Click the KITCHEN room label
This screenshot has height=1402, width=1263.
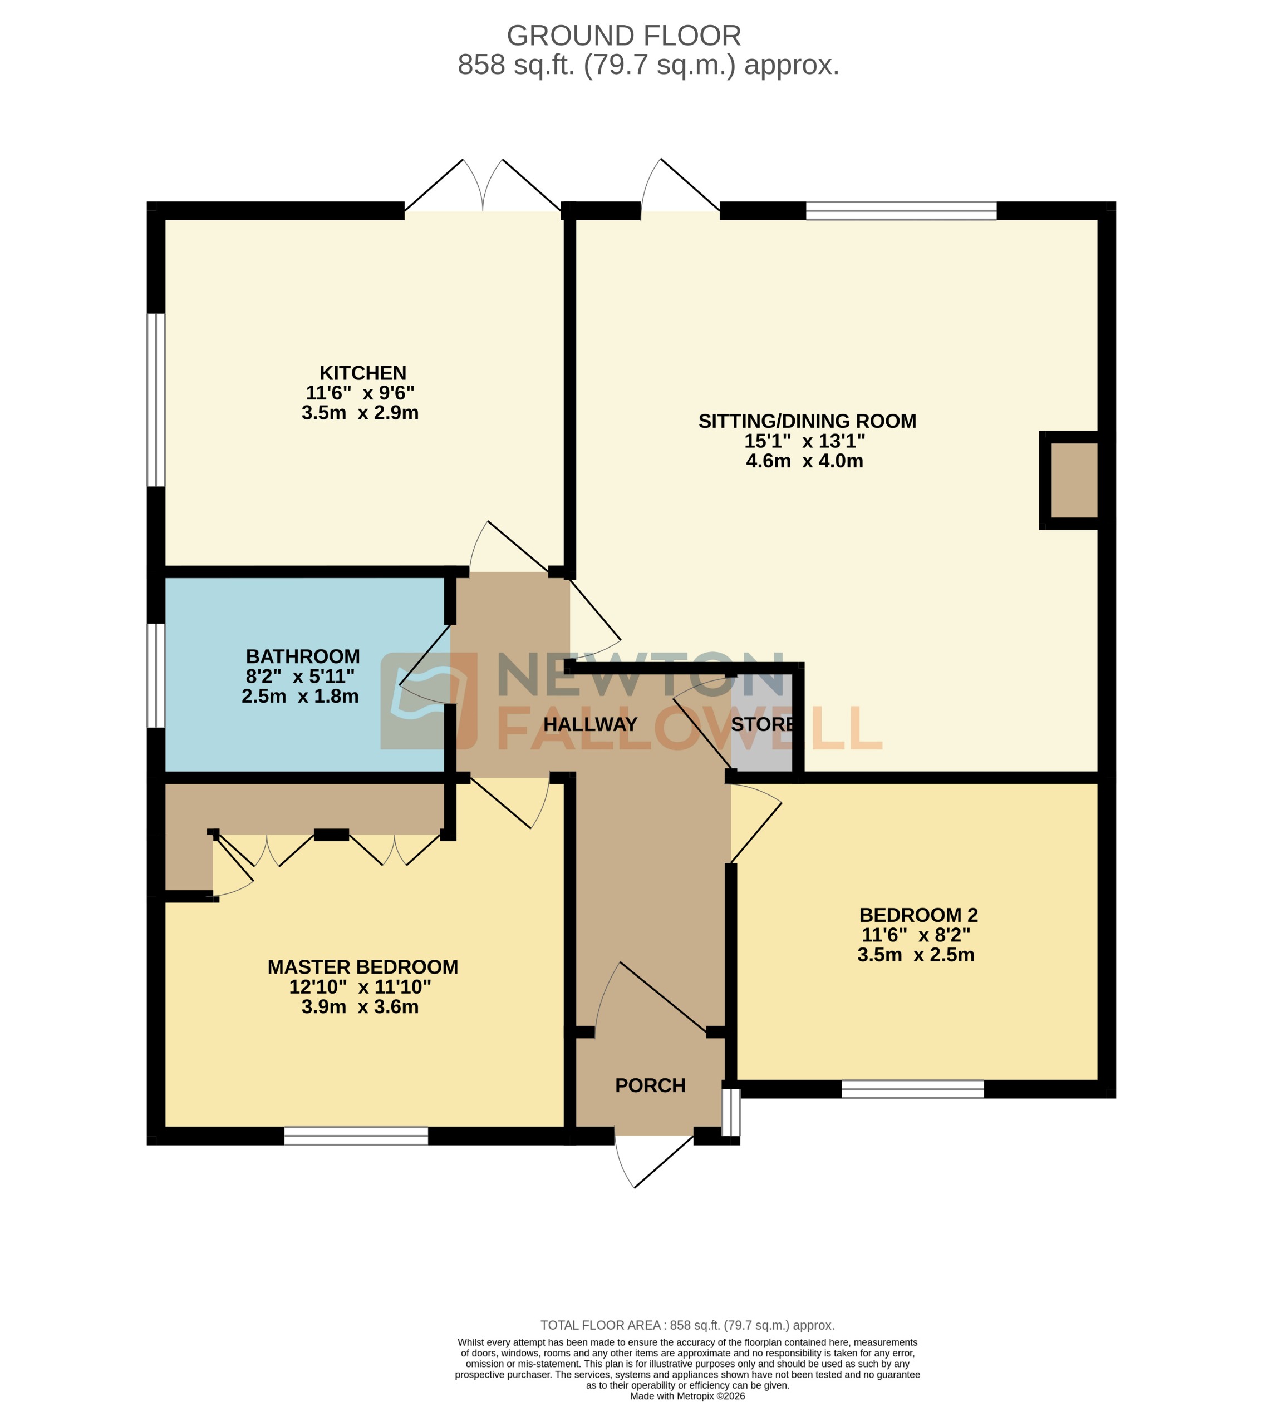point(362,373)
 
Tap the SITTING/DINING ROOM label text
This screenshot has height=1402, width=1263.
point(807,421)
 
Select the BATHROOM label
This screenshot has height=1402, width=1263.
point(303,656)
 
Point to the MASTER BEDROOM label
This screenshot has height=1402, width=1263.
point(362,966)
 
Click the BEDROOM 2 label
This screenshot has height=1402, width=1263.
point(917,915)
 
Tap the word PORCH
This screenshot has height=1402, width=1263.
point(650,1085)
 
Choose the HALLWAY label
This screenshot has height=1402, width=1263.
point(590,724)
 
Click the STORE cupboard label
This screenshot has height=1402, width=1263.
point(762,724)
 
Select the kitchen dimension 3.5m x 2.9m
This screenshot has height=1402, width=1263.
point(360,413)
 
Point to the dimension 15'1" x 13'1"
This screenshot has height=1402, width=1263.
point(804,441)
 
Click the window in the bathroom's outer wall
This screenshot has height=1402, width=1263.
point(156,675)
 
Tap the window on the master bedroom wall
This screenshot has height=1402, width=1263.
point(356,1136)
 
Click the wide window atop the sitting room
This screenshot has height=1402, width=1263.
point(900,210)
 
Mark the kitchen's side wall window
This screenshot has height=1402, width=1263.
point(156,400)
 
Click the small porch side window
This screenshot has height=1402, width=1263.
point(731,1112)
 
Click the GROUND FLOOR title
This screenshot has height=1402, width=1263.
point(623,36)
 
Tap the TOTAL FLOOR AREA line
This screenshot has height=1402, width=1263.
point(687,1325)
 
